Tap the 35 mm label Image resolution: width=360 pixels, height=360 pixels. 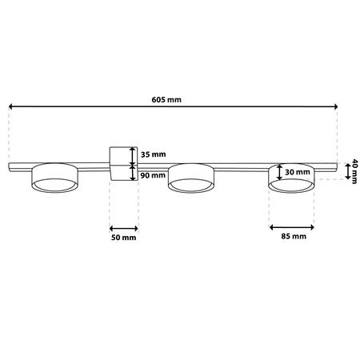[151, 154]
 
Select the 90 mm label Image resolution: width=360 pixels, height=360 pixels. [151, 174]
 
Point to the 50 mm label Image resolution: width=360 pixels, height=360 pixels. [124, 238]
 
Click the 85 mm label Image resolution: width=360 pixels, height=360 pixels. [294, 238]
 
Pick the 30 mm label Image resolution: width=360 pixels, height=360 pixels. [298, 172]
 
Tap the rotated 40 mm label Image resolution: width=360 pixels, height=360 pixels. [352, 171]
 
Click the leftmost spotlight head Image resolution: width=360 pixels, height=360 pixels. [54, 179]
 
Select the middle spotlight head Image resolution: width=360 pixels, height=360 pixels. [190, 179]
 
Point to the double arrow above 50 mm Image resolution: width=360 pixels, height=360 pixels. [124, 225]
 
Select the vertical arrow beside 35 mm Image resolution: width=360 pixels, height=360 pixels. [133, 154]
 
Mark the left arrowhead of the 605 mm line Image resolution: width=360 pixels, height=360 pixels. [12, 106]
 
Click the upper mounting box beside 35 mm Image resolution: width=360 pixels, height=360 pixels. [122, 154]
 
